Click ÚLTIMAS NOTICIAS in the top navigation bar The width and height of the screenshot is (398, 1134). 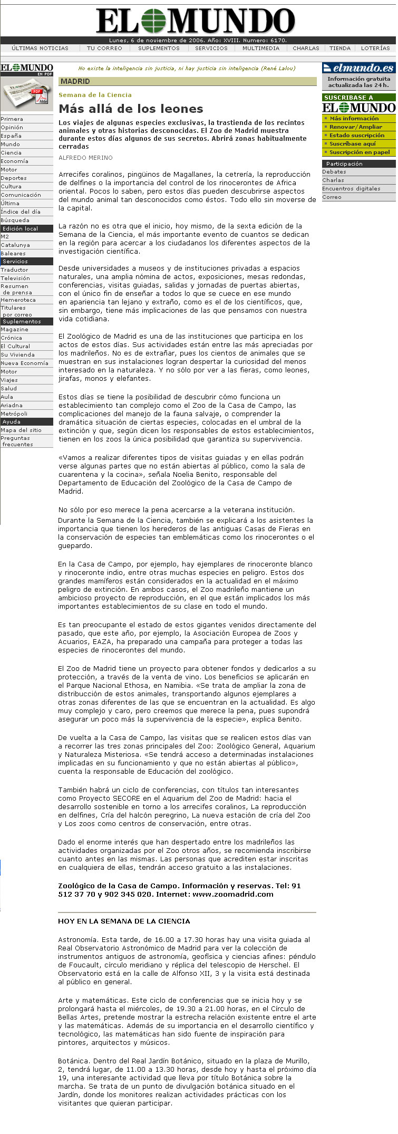pyautogui.click(x=40, y=49)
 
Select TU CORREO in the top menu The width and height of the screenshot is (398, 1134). pyautogui.click(x=104, y=49)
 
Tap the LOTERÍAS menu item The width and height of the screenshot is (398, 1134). pyautogui.click(x=375, y=49)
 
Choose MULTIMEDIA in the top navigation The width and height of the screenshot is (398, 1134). pyautogui.click(x=260, y=49)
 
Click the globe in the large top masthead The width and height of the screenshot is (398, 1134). pyautogui.click(x=153, y=22)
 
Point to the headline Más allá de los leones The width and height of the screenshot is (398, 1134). pyautogui.click(x=131, y=109)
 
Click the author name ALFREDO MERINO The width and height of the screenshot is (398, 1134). pyautogui.click(x=85, y=158)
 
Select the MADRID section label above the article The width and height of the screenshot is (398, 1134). pyautogui.click(x=75, y=82)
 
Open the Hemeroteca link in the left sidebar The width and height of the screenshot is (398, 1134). pyautogui.click(x=18, y=300)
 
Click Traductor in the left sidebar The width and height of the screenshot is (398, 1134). pyautogui.click(x=15, y=270)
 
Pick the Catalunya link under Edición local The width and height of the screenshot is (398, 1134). pyautogui.click(x=15, y=245)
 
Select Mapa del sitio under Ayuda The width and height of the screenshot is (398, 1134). pyautogui.click(x=21, y=430)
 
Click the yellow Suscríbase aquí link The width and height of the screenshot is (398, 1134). pyautogui.click(x=353, y=144)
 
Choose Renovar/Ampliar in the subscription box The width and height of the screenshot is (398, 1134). pyautogui.click(x=356, y=127)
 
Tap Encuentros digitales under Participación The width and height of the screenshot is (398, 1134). pyautogui.click(x=351, y=189)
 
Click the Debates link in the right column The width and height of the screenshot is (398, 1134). pyautogui.click(x=334, y=172)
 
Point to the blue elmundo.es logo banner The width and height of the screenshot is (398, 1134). pyautogui.click(x=358, y=68)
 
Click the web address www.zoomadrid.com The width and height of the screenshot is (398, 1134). pyautogui.click(x=233, y=894)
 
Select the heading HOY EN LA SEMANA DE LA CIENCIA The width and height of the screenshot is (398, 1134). pyautogui.click(x=124, y=921)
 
